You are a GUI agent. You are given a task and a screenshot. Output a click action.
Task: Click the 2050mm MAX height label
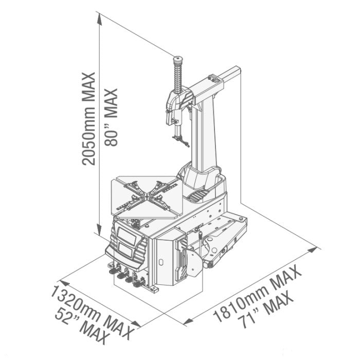(x=88, y=119)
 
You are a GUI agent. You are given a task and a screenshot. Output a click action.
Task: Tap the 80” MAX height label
(x=111, y=117)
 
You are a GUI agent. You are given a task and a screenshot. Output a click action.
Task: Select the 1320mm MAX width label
(x=92, y=313)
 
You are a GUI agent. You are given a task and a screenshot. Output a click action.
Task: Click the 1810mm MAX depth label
(x=257, y=294)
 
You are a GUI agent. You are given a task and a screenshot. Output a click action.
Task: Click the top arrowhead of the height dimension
(x=99, y=19)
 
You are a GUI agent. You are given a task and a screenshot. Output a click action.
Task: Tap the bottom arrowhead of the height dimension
(x=99, y=230)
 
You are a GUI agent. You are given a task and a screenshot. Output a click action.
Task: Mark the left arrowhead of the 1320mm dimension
(x=64, y=283)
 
